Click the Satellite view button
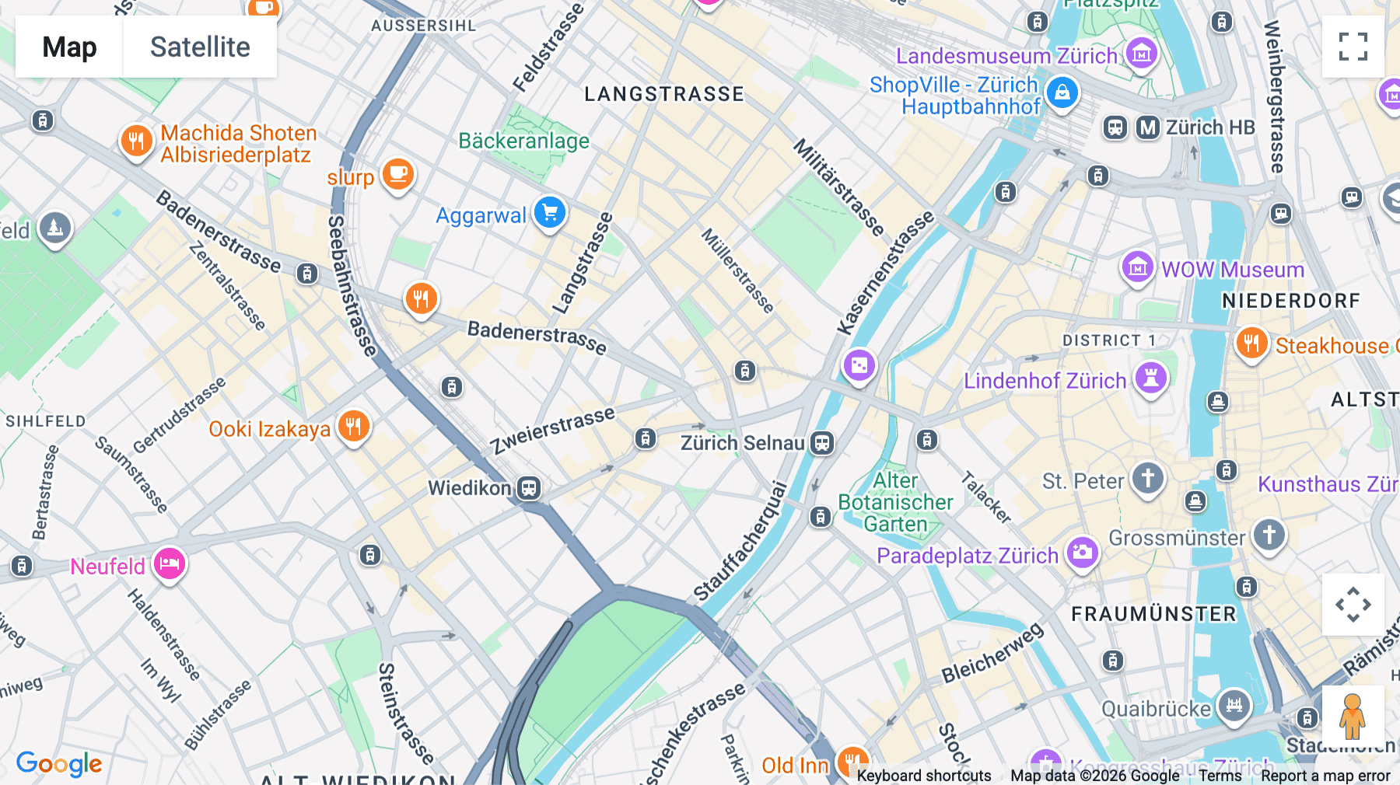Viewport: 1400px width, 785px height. (x=200, y=47)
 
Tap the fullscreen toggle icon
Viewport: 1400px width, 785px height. (x=1353, y=47)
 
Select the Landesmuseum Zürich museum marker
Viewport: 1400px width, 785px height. (x=1141, y=54)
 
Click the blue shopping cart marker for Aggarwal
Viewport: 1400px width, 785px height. (x=550, y=212)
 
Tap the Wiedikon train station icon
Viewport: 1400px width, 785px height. (x=529, y=488)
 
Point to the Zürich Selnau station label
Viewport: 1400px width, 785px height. (x=742, y=443)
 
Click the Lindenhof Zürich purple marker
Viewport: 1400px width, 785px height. (x=1150, y=379)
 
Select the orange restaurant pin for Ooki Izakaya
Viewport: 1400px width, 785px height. (x=353, y=427)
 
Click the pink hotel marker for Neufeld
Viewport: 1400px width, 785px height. (x=169, y=563)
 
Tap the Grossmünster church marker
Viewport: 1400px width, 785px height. (x=1269, y=535)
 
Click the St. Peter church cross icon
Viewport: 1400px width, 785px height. (x=1147, y=478)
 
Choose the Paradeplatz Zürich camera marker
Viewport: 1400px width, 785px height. (x=1082, y=553)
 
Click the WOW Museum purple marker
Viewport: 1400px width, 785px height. (x=1136, y=267)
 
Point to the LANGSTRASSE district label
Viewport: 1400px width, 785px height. (x=664, y=94)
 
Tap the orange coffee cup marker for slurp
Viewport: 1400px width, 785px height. (x=398, y=174)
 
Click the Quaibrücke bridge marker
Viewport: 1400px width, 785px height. (x=1234, y=706)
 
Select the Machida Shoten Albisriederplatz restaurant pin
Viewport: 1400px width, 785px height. (x=136, y=141)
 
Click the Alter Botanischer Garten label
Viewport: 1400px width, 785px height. (x=895, y=502)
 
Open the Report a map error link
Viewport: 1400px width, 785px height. (x=1325, y=776)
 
